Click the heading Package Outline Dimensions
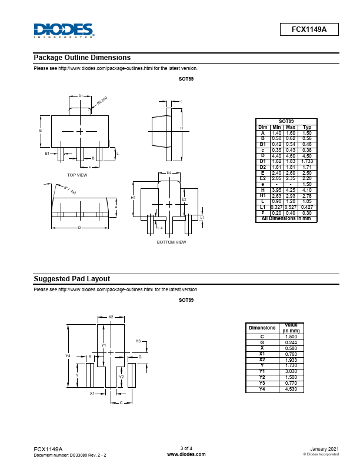[x=82, y=58]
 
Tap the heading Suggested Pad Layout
[x=72, y=279]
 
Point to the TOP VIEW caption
[x=77, y=175]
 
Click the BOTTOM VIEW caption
[x=171, y=242]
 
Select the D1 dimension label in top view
[x=81, y=95]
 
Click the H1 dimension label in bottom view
[x=133, y=198]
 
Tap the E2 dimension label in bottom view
[x=184, y=199]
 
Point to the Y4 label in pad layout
[x=68, y=356]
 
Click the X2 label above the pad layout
[x=111, y=317]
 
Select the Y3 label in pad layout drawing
[x=138, y=341]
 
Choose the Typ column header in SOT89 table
[x=306, y=128]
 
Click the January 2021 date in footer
[x=324, y=449]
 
